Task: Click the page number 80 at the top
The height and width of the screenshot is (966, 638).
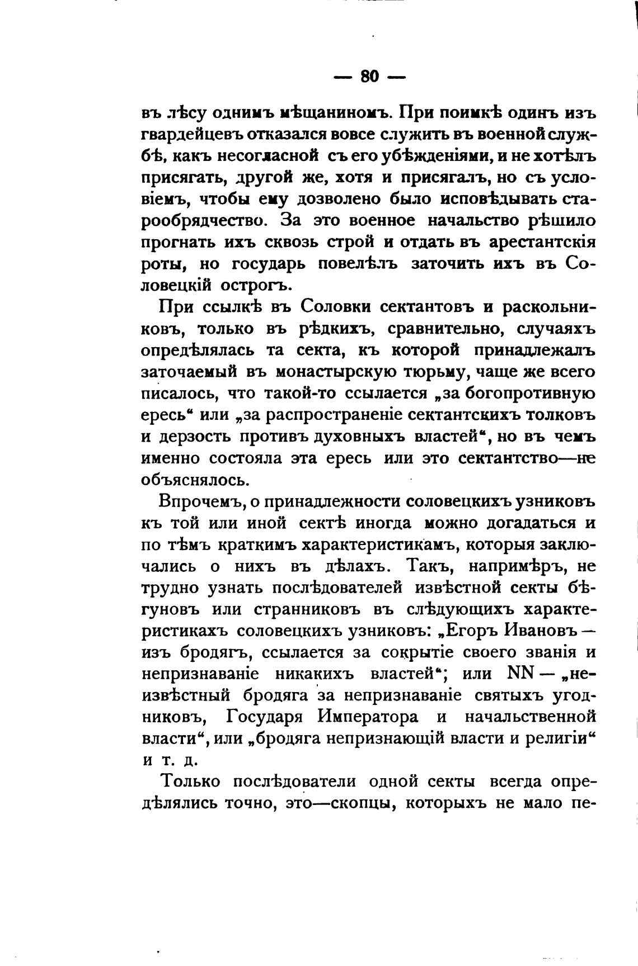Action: (x=370, y=76)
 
